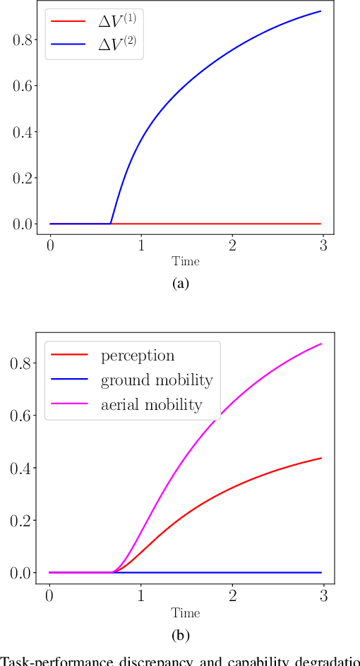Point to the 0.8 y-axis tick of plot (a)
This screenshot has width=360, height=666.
point(23,40)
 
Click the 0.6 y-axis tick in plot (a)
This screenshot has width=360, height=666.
point(23,86)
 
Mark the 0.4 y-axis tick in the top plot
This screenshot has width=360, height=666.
point(23,132)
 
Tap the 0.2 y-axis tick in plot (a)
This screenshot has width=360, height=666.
point(23,178)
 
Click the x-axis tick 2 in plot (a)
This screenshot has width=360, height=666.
point(232,244)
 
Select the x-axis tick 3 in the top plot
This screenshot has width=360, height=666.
point(323,244)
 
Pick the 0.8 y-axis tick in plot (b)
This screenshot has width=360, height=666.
point(23,364)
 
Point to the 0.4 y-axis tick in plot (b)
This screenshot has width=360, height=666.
point(23,468)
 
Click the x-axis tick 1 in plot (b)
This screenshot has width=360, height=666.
point(140,593)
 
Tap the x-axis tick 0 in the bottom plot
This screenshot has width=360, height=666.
point(49,593)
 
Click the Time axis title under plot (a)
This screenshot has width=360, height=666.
point(186,262)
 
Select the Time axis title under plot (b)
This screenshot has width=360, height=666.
point(186,612)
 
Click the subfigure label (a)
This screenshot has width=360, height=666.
point(181,284)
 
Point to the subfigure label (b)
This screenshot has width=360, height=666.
point(181,636)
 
